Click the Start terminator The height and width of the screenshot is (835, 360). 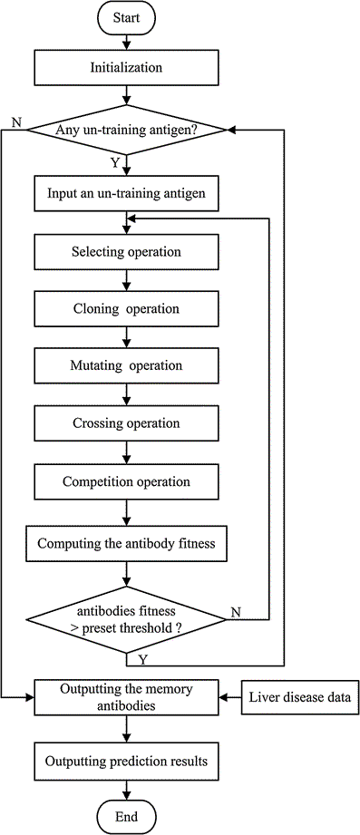127,17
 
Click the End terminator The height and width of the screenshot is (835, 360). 127,816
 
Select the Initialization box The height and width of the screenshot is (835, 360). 127,68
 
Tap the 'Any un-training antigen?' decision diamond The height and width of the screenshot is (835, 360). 127,130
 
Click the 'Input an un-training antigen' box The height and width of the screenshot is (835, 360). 127,193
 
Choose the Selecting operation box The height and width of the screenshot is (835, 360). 127,251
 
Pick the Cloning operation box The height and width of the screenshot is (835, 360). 127,308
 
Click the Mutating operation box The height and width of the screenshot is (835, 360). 127,366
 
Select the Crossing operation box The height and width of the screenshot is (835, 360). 127,423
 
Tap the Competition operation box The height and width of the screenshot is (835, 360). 127,481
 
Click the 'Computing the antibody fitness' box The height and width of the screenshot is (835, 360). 127,545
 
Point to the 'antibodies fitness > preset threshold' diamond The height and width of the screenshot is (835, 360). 127,620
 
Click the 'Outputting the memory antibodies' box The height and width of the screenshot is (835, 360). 127,696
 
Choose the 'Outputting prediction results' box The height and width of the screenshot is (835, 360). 127,761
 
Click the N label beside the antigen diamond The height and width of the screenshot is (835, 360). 15,121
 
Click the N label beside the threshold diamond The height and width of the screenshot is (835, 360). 236,612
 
